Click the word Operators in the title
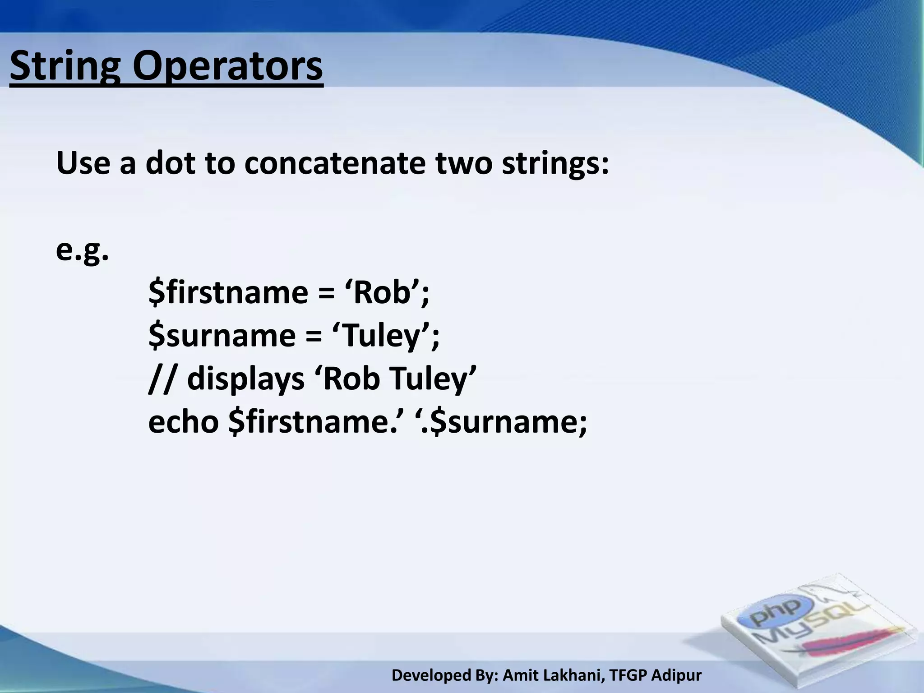coord(227,67)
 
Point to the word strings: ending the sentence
coord(555,163)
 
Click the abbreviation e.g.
coord(82,251)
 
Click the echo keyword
coord(183,422)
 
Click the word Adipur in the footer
coord(677,675)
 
